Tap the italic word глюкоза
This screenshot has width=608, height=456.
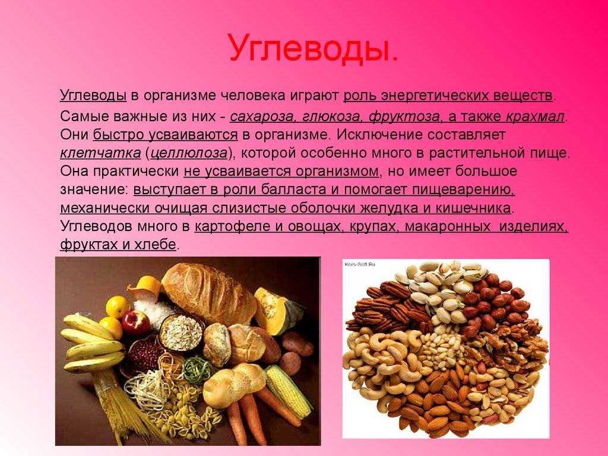click(x=332, y=116)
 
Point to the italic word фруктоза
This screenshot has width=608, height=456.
click(x=404, y=116)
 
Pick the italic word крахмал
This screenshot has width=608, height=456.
click(x=535, y=116)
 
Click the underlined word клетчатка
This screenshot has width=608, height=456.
click(x=100, y=153)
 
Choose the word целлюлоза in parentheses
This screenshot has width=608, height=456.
click(x=189, y=153)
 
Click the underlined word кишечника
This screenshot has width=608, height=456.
click(x=473, y=208)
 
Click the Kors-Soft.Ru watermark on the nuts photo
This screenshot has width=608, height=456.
click(x=360, y=264)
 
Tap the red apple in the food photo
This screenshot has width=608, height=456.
click(x=136, y=322)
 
